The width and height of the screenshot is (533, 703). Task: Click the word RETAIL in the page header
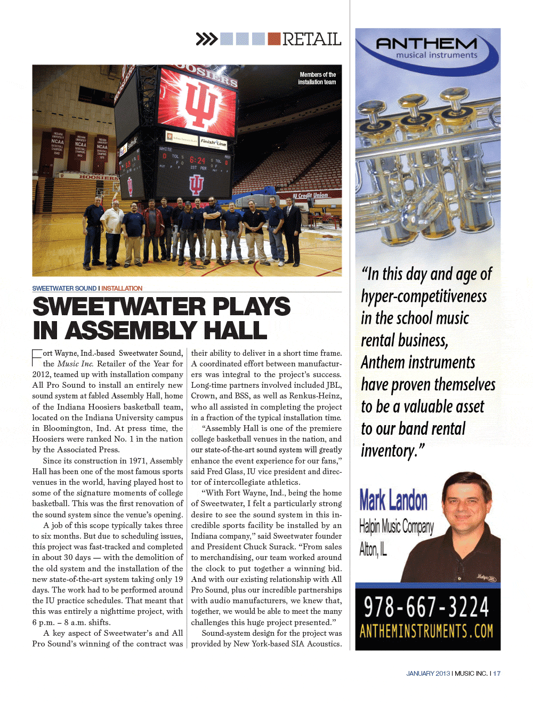click(x=312, y=39)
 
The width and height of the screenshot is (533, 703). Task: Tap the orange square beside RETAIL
click(x=274, y=39)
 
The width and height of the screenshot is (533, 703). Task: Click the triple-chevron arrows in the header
click(x=207, y=39)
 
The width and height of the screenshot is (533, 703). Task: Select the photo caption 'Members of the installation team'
click(x=317, y=78)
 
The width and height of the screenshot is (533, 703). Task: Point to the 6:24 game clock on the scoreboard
click(x=197, y=160)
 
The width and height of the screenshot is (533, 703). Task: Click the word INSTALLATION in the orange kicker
click(x=122, y=289)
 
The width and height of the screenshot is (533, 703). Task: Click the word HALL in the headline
click(x=235, y=331)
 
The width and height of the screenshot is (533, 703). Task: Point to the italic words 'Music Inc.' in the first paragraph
click(x=75, y=364)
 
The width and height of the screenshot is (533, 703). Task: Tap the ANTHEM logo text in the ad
click(x=426, y=43)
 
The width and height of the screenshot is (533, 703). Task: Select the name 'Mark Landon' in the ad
click(x=393, y=500)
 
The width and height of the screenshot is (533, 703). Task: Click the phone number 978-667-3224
click(x=426, y=608)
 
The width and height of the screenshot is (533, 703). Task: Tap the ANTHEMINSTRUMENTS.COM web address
click(x=426, y=632)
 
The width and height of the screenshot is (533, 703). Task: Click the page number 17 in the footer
click(x=497, y=674)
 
